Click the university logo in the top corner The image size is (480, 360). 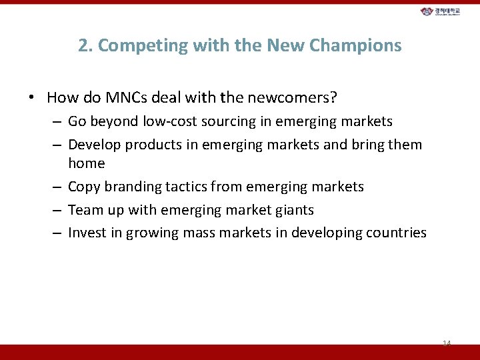(440, 12)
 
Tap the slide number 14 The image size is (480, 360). (447, 343)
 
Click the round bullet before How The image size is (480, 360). (31, 98)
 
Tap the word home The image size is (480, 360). (87, 163)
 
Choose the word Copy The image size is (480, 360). (83, 187)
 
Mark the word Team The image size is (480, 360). (84, 210)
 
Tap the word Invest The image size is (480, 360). (86, 233)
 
